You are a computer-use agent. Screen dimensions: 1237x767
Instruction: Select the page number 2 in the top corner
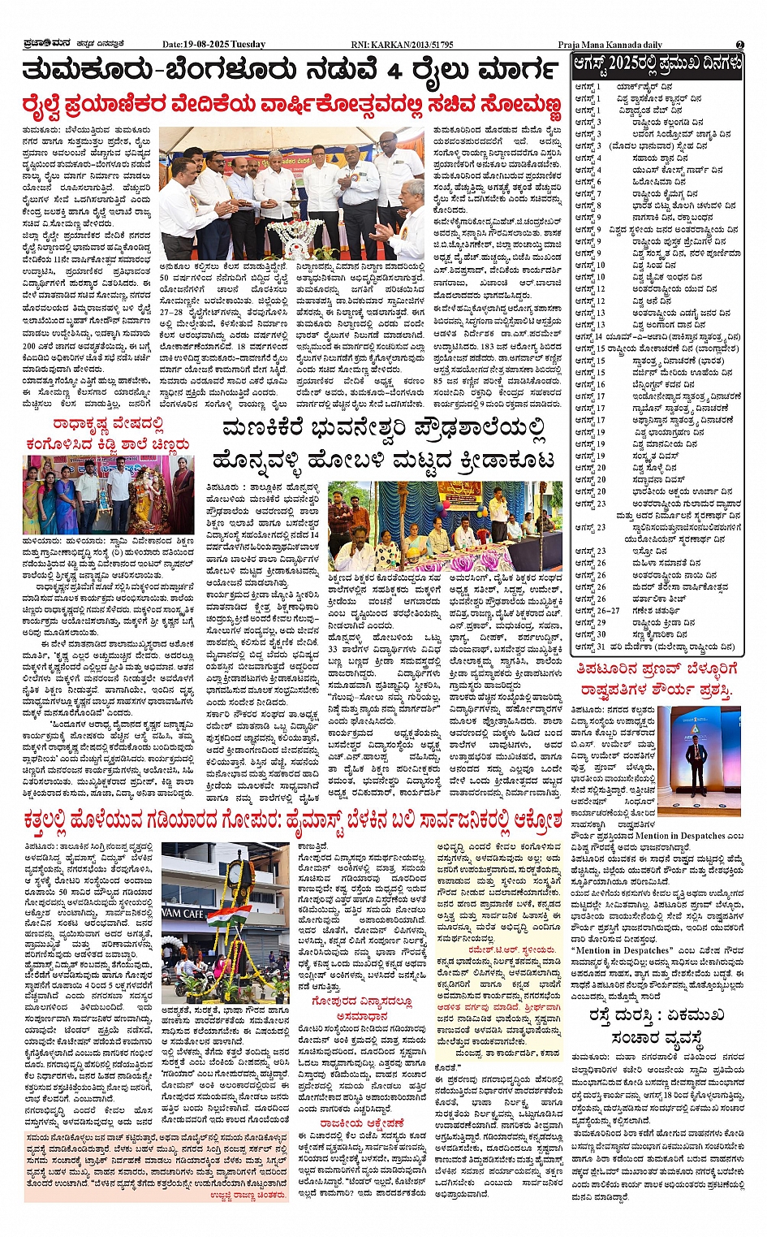point(739,44)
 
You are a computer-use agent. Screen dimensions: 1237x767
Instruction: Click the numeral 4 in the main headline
point(394,71)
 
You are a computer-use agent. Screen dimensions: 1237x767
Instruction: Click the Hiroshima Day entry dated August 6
point(657,182)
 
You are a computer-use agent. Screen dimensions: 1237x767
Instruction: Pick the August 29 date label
point(590,622)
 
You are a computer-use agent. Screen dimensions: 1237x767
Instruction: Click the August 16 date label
point(590,384)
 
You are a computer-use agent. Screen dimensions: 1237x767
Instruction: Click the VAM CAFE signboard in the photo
point(183,913)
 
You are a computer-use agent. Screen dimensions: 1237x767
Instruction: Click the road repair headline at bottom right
point(657,1029)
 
